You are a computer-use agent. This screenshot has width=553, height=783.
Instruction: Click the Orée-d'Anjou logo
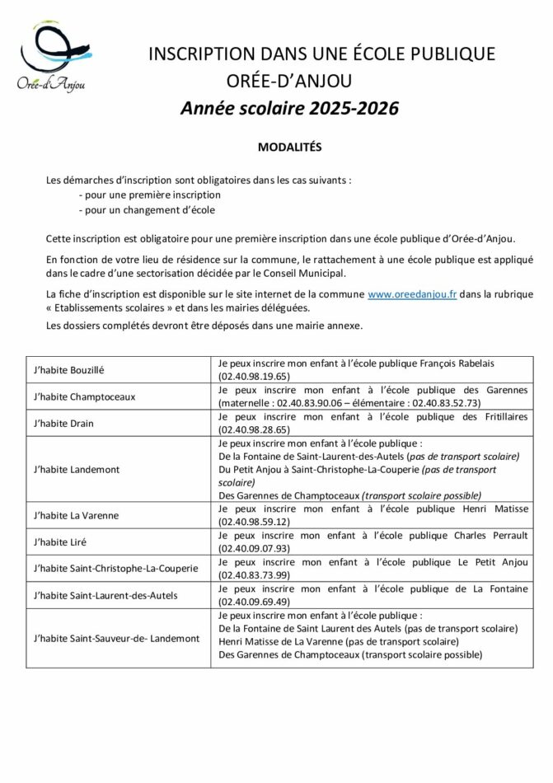tap(53, 57)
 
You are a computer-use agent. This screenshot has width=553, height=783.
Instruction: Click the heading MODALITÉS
tap(288, 148)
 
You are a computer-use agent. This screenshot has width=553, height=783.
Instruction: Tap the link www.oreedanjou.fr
tap(412, 293)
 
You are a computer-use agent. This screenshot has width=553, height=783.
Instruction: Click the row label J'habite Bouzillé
tap(69, 370)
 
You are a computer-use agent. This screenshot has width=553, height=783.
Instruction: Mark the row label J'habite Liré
tap(60, 542)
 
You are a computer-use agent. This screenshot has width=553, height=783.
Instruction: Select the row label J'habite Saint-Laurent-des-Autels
tap(106, 594)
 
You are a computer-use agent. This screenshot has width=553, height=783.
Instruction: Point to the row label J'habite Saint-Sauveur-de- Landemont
tap(116, 638)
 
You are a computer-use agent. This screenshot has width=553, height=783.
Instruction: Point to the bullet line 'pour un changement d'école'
tap(147, 210)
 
